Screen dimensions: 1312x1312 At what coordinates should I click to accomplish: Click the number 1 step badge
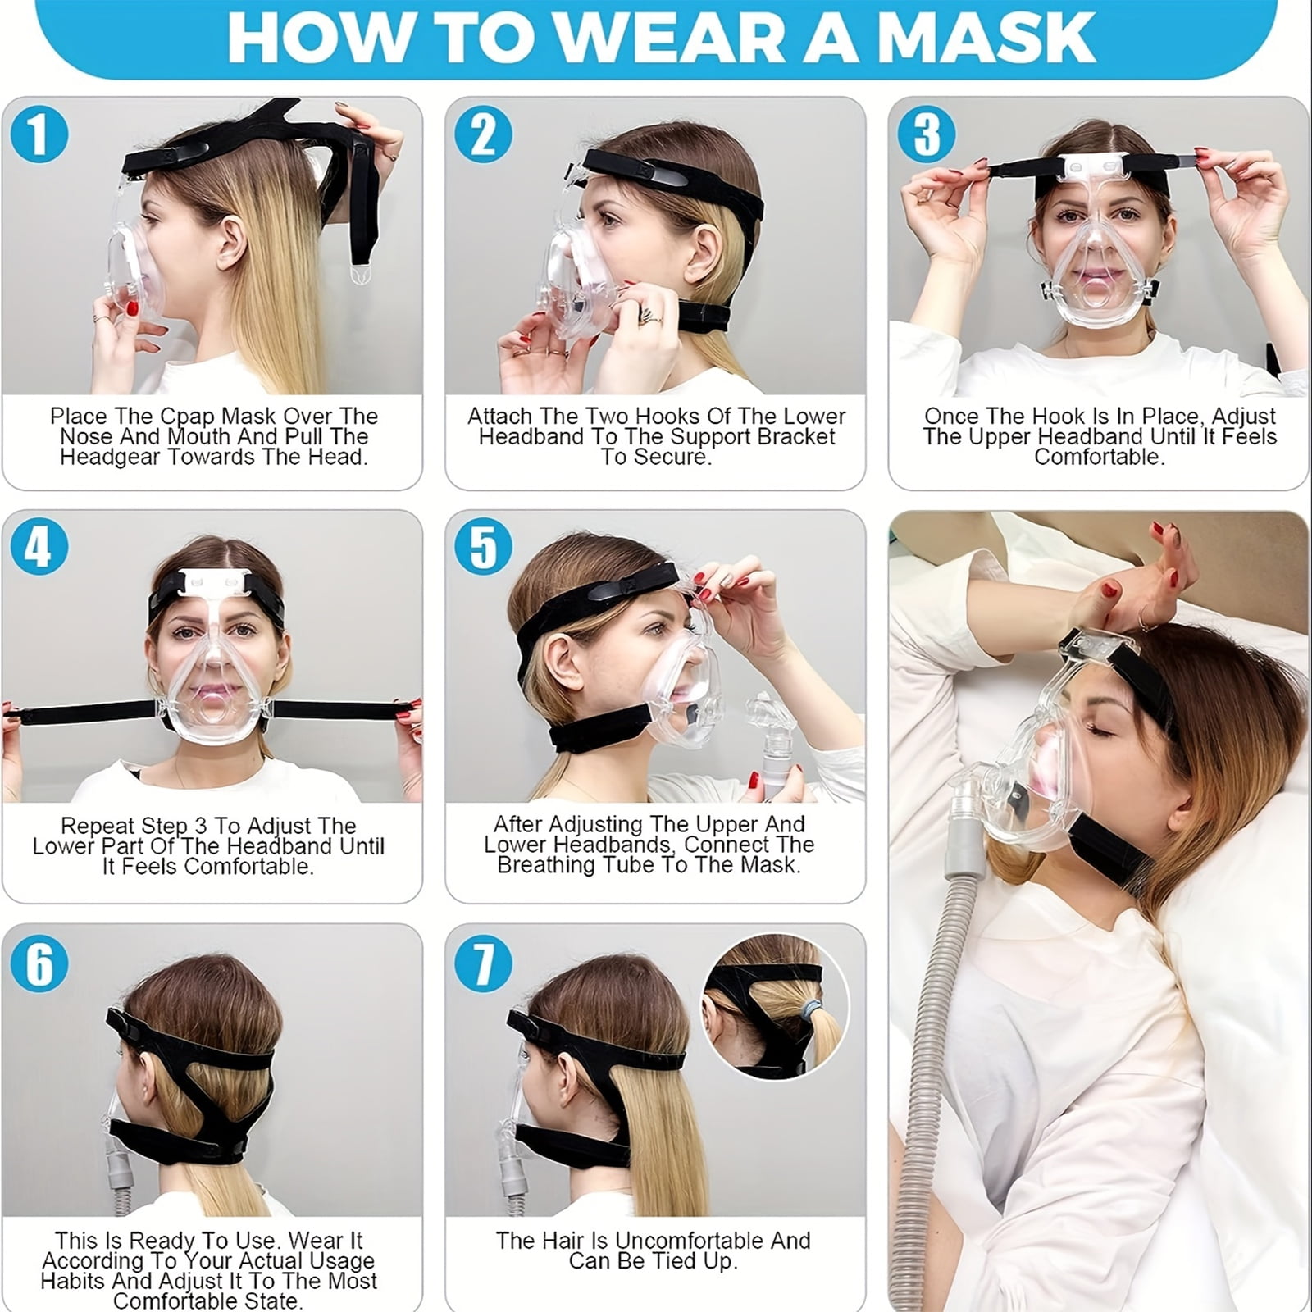pyautogui.click(x=39, y=134)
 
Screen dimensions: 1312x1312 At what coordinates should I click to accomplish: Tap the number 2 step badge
pyautogui.click(x=483, y=134)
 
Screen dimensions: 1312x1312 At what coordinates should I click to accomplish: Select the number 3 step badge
pyautogui.click(x=927, y=134)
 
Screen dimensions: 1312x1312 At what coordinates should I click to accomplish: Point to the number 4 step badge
pyautogui.click(x=39, y=547)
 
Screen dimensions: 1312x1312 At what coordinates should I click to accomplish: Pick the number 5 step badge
pyautogui.click(x=483, y=547)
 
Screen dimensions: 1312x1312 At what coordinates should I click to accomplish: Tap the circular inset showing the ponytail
pyautogui.click(x=775, y=1006)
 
